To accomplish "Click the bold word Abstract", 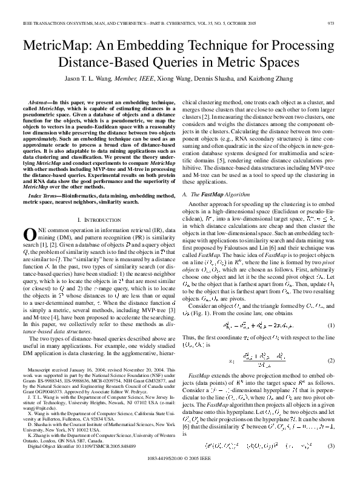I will tap(41, 104).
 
